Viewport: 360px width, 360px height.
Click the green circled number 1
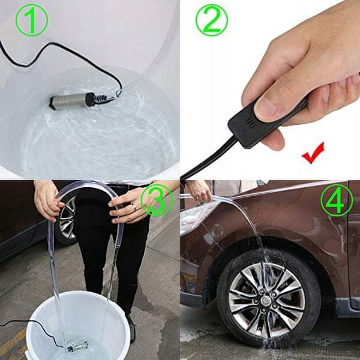[x=32, y=20]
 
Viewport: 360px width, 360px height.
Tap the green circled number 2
[x=212, y=20]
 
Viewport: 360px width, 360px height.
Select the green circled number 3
[x=157, y=200]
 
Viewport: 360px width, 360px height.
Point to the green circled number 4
[x=337, y=200]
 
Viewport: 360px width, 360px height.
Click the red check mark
[x=313, y=153]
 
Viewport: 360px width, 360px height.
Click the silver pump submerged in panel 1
[x=69, y=101]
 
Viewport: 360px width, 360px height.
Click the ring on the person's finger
[x=134, y=208]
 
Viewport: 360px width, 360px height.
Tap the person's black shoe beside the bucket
[x=131, y=328]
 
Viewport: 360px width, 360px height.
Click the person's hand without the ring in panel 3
[x=47, y=200]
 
